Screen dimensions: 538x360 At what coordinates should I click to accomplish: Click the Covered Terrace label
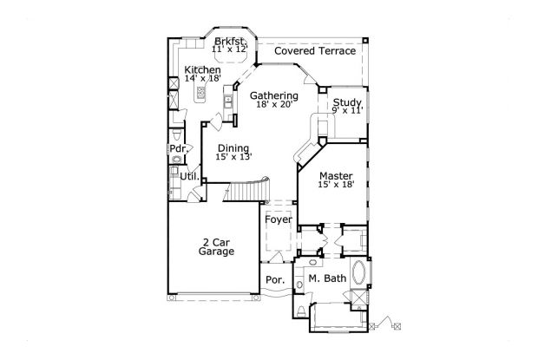click(x=315, y=51)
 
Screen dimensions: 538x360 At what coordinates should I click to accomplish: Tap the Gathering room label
click(x=274, y=96)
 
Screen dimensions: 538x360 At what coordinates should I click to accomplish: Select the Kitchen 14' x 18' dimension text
click(x=202, y=79)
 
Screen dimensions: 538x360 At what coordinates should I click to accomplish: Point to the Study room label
click(x=347, y=102)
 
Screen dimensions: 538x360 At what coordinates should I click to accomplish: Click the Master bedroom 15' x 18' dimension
click(x=336, y=185)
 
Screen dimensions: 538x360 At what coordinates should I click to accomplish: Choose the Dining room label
click(x=233, y=148)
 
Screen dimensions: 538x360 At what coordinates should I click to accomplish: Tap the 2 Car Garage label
click(x=216, y=247)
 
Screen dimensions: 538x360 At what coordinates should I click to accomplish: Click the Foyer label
click(x=279, y=219)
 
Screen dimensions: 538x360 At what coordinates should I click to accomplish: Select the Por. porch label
click(x=275, y=280)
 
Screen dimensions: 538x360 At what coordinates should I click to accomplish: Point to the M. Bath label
click(x=327, y=278)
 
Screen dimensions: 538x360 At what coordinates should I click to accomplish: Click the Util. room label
click(x=190, y=177)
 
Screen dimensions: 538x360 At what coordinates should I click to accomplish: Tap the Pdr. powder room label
click(x=179, y=149)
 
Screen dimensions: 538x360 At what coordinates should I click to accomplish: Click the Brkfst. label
click(x=230, y=42)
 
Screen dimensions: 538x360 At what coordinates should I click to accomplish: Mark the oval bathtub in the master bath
click(x=359, y=272)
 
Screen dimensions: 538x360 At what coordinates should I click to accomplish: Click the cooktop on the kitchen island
click(x=200, y=92)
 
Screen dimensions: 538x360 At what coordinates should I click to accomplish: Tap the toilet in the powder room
click(x=176, y=134)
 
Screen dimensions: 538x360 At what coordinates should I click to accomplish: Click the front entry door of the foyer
click(x=275, y=258)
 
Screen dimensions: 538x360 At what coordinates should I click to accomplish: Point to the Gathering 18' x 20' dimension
click(x=274, y=105)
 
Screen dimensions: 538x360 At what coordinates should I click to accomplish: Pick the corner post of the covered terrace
click(x=365, y=41)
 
